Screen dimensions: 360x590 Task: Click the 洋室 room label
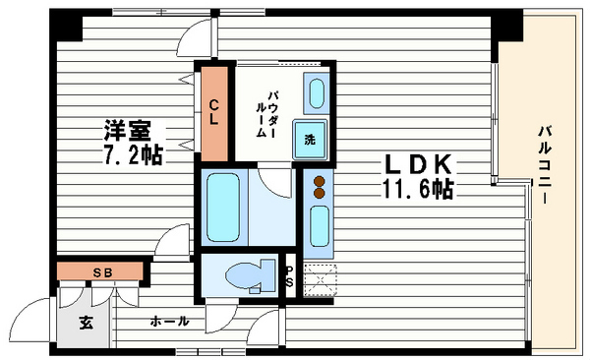pyautogui.click(x=127, y=130)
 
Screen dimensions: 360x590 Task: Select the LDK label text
pyautogui.click(x=416, y=163)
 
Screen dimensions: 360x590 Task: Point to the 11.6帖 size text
pyautogui.click(x=418, y=188)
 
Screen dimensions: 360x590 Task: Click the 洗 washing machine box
pyautogui.click(x=311, y=139)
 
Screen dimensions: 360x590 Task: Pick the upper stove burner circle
pyautogui.click(x=319, y=180)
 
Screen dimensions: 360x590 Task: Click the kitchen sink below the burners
pyautogui.click(x=319, y=226)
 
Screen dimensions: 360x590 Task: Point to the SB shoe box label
pyautogui.click(x=102, y=271)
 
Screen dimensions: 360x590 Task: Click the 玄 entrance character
pyautogui.click(x=85, y=322)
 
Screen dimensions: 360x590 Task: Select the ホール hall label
pyautogui.click(x=169, y=322)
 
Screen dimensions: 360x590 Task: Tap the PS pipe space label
pyautogui.click(x=288, y=277)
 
